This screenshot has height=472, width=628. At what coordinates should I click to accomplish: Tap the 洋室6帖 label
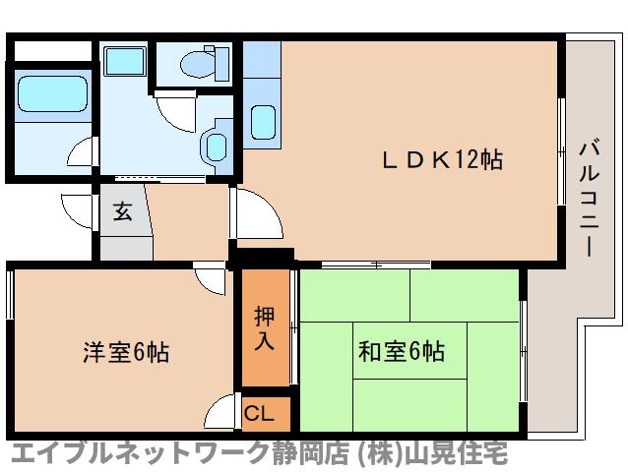coord(125,352)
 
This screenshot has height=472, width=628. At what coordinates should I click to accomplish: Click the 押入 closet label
coord(265,328)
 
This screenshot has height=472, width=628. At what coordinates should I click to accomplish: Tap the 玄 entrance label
coord(122,211)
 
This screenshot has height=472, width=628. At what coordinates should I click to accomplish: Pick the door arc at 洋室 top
coord(211,278)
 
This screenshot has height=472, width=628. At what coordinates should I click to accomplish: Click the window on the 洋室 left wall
coord(10,295)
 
